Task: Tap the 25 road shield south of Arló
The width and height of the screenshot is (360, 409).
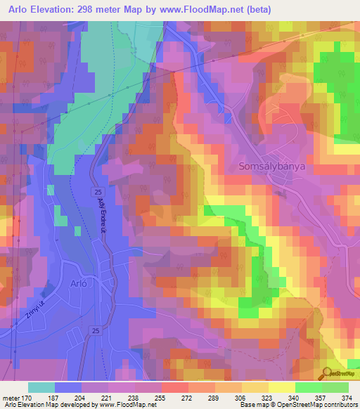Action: [x=94, y=330]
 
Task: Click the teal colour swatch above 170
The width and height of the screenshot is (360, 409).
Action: [x=41, y=387]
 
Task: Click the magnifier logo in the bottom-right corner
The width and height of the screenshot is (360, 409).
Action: [x=327, y=373]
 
